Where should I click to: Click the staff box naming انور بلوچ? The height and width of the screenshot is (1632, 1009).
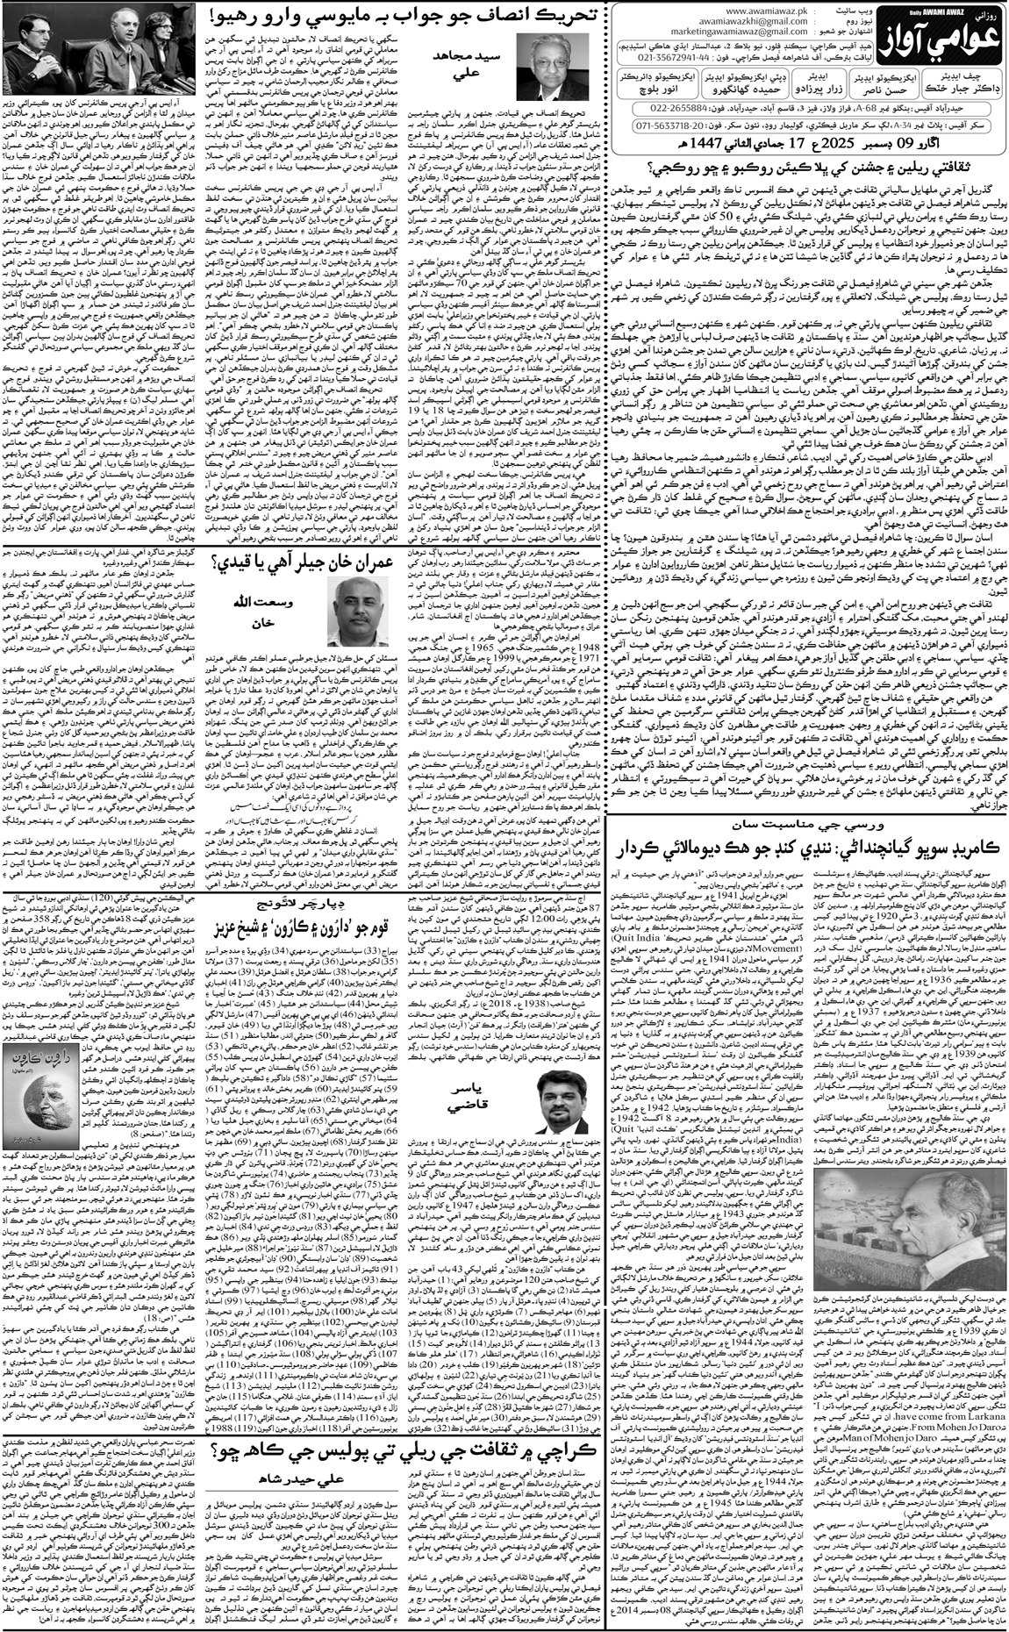coord(664,82)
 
